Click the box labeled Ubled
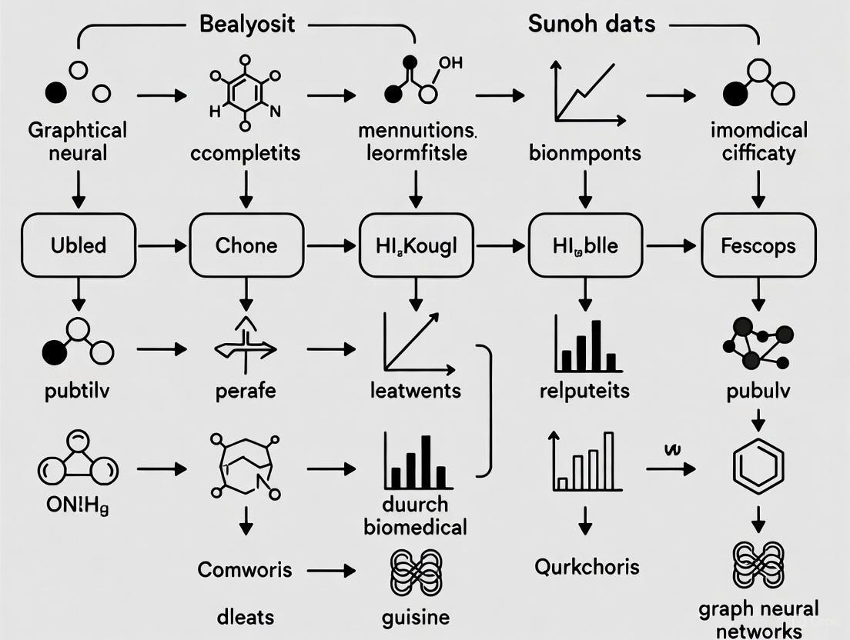coord(78,245)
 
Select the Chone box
coord(246,245)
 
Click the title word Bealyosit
coord(246,24)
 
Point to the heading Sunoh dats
coord(591,24)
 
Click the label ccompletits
coord(246,152)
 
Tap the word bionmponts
coord(585,152)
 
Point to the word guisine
coord(415,616)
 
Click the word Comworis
coord(245,569)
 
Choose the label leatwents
coord(415,391)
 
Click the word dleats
coord(245,616)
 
